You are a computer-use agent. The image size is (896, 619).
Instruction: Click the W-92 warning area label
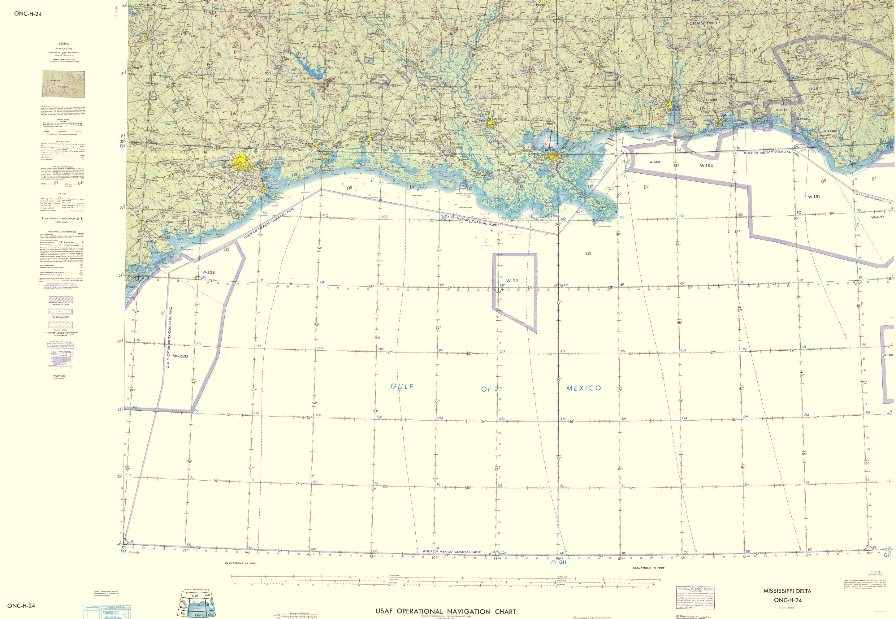pos(512,280)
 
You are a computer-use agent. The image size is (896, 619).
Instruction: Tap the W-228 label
pos(180,356)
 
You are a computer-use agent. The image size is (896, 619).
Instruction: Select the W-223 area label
pos(208,273)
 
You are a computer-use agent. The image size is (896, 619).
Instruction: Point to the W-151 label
pos(814,197)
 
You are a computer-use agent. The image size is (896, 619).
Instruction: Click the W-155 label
pos(706,165)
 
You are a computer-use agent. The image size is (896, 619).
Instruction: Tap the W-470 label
pos(877,217)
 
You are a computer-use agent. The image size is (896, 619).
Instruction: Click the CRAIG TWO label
pos(703,23)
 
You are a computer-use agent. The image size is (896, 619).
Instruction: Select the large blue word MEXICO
pos(583,388)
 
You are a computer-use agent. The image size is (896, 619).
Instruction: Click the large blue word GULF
pos(402,386)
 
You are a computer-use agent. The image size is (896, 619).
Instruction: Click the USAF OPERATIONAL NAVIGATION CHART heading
pos(446,611)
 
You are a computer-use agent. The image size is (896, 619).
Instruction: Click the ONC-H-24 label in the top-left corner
pos(28,14)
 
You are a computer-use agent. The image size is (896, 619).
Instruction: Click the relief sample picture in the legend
pos(64,84)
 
